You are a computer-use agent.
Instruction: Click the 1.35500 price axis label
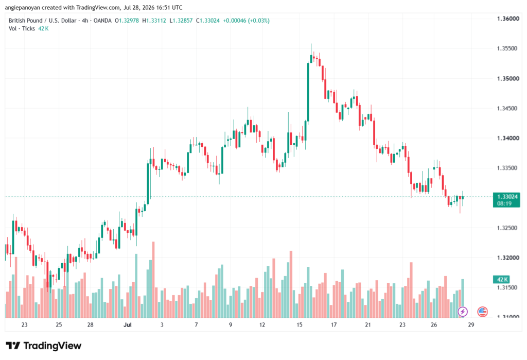click(x=507, y=48)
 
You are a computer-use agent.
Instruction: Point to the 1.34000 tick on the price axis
click(x=508, y=138)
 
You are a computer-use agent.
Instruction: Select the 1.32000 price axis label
click(x=508, y=258)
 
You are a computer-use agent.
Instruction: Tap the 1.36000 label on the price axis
click(x=508, y=19)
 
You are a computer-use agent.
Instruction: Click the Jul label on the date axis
click(x=128, y=324)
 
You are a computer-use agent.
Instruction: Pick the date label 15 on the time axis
click(x=299, y=324)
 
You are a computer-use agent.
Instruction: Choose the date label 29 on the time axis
click(x=471, y=324)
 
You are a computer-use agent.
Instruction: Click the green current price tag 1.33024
click(x=506, y=200)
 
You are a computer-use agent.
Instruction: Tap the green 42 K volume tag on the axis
click(x=501, y=279)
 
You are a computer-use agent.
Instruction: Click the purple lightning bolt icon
click(x=463, y=312)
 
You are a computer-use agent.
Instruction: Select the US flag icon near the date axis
click(x=482, y=312)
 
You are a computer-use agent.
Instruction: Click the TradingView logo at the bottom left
click(x=44, y=346)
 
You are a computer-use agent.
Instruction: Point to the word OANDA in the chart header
click(x=102, y=21)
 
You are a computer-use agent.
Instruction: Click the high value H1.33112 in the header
click(x=154, y=21)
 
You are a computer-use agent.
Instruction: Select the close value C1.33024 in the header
click(x=208, y=21)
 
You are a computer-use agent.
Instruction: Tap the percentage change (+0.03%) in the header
click(x=259, y=21)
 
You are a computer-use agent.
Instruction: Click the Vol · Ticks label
click(x=22, y=29)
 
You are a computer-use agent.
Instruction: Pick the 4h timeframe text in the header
click(x=85, y=21)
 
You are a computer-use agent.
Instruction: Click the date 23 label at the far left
click(x=24, y=324)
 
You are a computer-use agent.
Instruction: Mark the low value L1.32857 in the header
click(x=181, y=21)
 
